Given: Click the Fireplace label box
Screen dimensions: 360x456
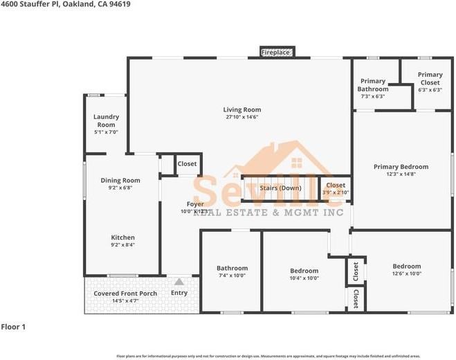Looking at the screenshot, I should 275,53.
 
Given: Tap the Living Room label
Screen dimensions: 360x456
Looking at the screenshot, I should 241,109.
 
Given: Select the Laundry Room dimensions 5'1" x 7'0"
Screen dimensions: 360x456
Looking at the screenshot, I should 106,132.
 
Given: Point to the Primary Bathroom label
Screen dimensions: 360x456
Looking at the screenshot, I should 372,85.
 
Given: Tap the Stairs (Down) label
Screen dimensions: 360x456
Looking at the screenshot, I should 280,188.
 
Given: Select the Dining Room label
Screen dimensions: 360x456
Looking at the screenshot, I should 120,181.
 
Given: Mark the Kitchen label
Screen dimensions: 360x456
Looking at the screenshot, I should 122,237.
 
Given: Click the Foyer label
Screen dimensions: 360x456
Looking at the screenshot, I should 194,204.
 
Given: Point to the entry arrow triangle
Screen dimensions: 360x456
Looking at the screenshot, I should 179,282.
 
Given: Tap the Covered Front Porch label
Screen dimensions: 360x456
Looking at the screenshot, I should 125,294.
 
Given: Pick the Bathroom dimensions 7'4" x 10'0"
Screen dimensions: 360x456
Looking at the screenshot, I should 231,276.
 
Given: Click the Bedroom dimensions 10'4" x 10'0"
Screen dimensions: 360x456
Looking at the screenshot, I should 304,278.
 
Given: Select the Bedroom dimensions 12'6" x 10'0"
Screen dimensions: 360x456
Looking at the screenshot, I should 406,274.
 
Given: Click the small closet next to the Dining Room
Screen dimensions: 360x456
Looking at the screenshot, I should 187,164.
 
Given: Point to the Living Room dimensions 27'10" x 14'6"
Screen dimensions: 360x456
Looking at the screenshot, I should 241,117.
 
